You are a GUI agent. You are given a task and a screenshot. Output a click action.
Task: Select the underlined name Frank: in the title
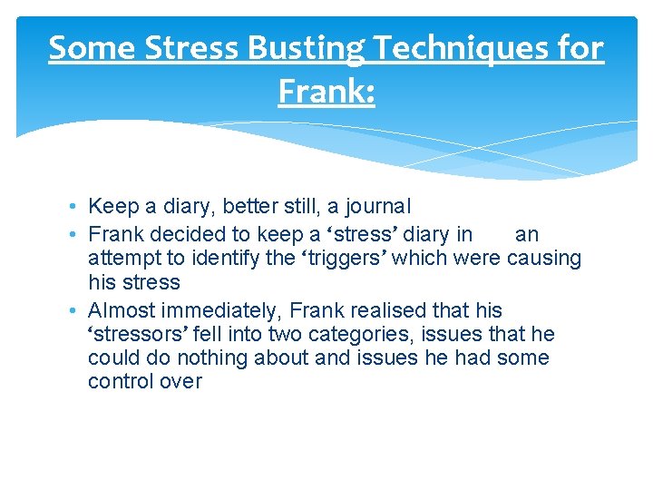[x=326, y=92]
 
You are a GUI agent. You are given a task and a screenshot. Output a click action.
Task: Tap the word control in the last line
[x=118, y=381]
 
